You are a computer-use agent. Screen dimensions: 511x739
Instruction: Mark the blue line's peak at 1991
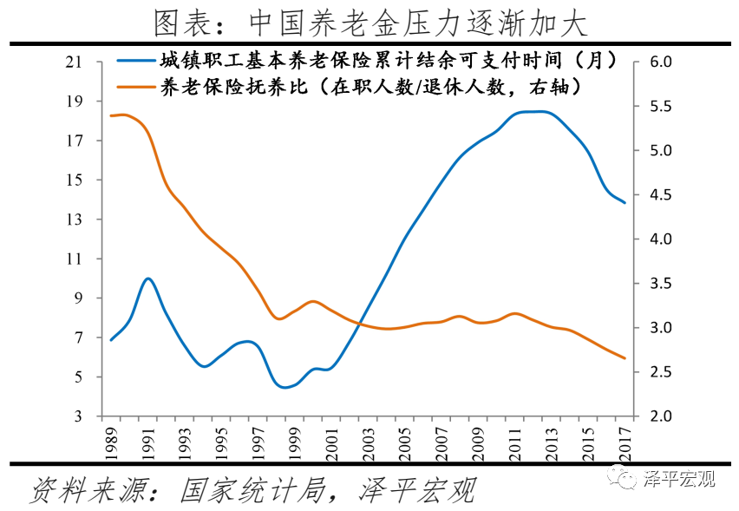click(148, 278)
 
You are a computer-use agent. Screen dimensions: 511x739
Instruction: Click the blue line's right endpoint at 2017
click(625, 202)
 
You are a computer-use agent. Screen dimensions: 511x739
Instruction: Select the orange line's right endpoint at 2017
click(625, 358)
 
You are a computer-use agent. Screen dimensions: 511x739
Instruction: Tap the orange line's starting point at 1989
click(111, 115)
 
